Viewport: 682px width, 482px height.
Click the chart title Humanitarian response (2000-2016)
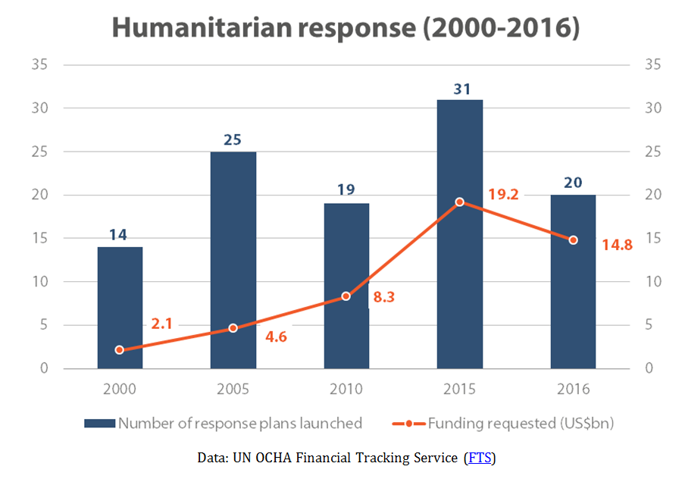pos(346,28)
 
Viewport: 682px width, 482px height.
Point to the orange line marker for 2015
pos(459,202)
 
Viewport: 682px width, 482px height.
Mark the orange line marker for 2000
pos(119,350)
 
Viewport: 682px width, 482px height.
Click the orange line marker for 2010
pos(346,296)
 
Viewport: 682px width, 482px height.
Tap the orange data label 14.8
pos(616,245)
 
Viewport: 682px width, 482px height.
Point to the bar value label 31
pos(459,88)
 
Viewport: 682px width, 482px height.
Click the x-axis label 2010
pos(346,390)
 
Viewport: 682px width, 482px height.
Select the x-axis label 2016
pos(573,390)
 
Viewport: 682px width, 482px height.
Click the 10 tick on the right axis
pos(651,282)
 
